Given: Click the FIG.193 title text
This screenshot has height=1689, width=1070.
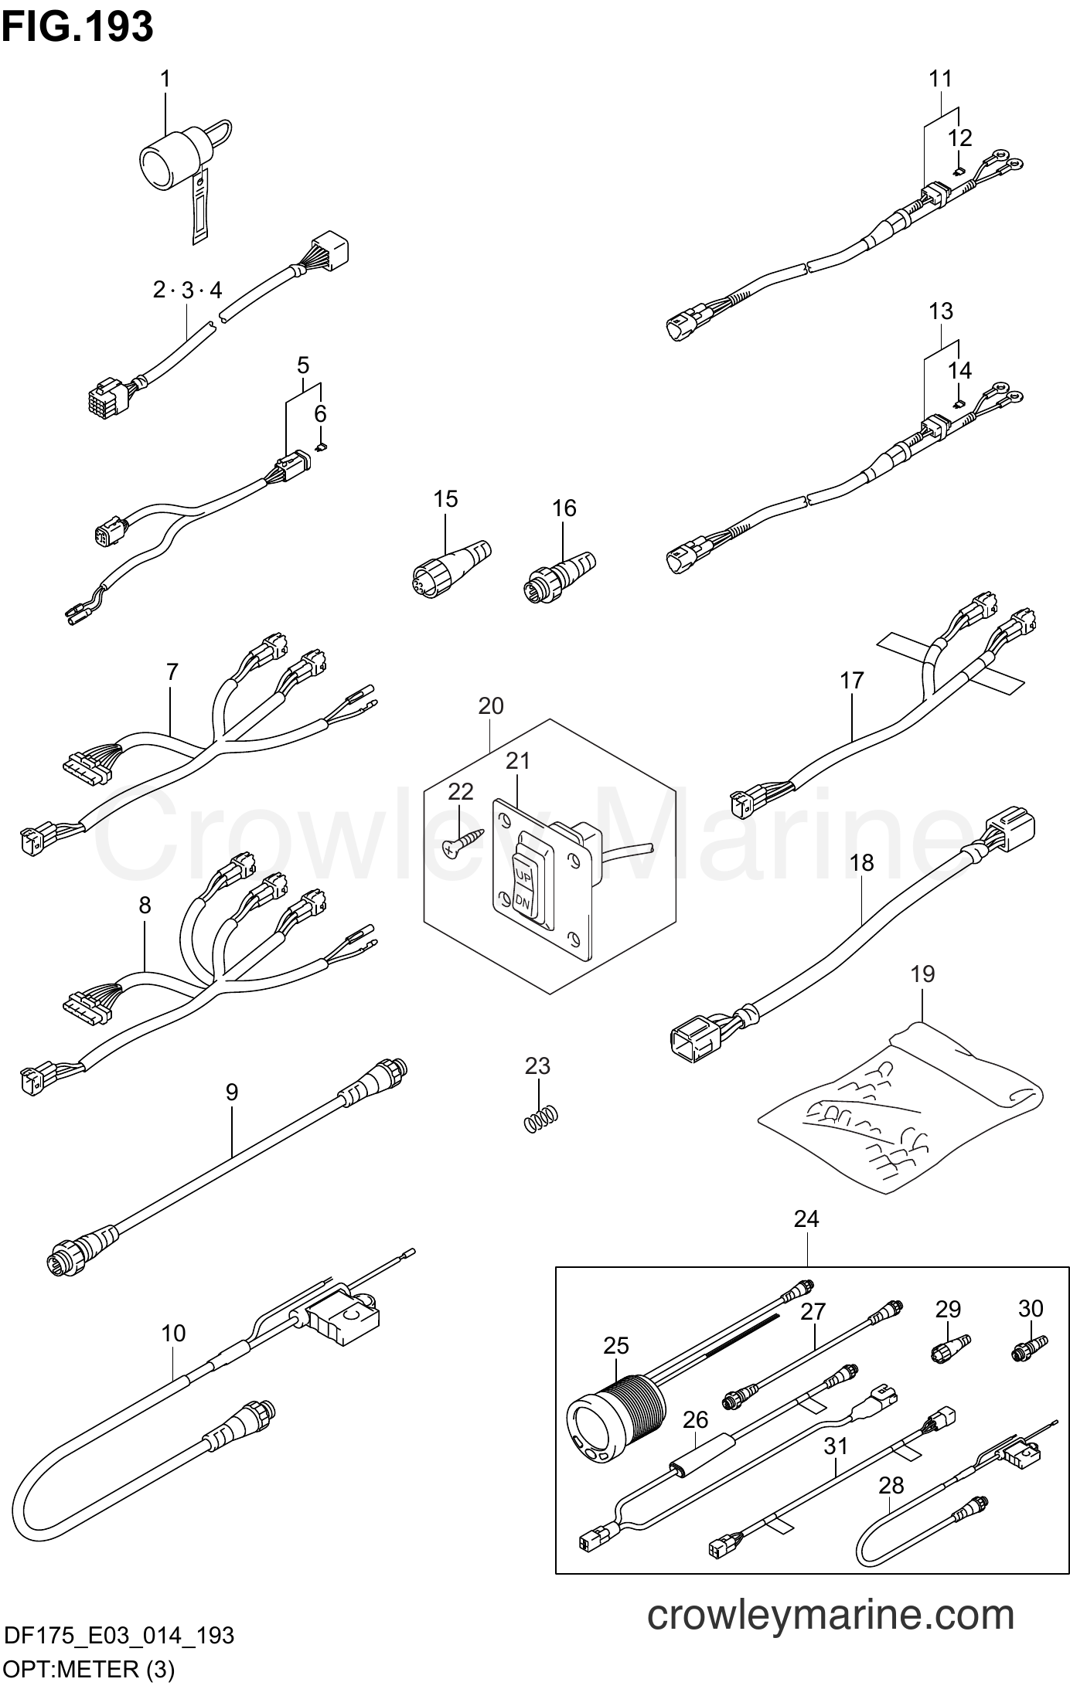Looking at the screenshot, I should (x=77, y=26).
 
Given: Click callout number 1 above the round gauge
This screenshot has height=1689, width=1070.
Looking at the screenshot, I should (x=165, y=79).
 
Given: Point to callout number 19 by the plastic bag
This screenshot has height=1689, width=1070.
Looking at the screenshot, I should (x=923, y=974).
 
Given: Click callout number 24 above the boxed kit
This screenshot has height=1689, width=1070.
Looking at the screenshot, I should (x=806, y=1218).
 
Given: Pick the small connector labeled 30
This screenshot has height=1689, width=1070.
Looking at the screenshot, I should (x=1029, y=1349).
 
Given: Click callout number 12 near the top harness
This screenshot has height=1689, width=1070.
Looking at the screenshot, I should (x=959, y=138).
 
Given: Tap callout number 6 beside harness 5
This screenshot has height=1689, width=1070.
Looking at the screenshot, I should (x=320, y=414).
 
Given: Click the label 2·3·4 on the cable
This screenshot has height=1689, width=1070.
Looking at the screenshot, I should (x=187, y=291).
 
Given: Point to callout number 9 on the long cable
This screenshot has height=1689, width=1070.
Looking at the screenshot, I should (x=232, y=1093).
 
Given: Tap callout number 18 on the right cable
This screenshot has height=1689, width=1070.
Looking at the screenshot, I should (x=861, y=862).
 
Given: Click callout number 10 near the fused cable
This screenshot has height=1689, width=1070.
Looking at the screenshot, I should (x=174, y=1334).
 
